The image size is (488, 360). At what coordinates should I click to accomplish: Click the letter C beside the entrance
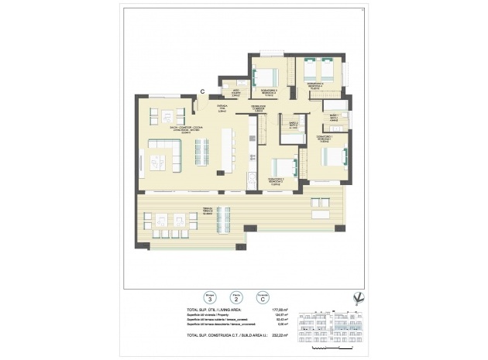point(203,91)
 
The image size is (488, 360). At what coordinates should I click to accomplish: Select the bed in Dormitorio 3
point(266,77)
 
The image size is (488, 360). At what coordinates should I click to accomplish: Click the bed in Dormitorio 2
point(283,167)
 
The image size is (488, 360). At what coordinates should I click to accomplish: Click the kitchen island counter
point(227,150)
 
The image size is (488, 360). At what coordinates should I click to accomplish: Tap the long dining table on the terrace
point(223,220)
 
